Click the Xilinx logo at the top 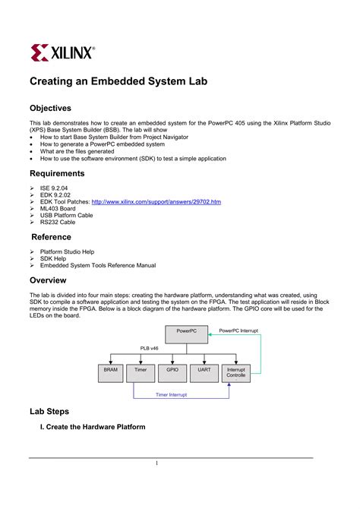63,52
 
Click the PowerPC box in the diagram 186,332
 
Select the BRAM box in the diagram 110,371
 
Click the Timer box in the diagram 141,371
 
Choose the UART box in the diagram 204,371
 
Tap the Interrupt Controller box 235,372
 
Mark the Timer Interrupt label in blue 172,395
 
